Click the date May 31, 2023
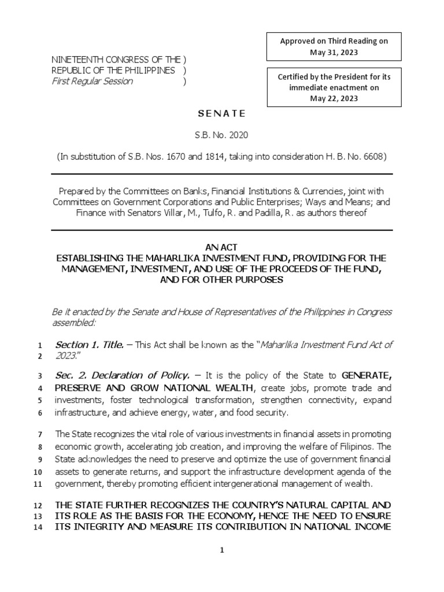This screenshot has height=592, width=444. (334, 53)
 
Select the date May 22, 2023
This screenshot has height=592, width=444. (334, 98)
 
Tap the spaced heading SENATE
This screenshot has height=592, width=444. (222, 114)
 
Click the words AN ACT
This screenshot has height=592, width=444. (221, 246)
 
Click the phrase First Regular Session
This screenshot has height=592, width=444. (92, 81)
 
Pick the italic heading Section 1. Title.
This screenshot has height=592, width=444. (89, 345)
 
